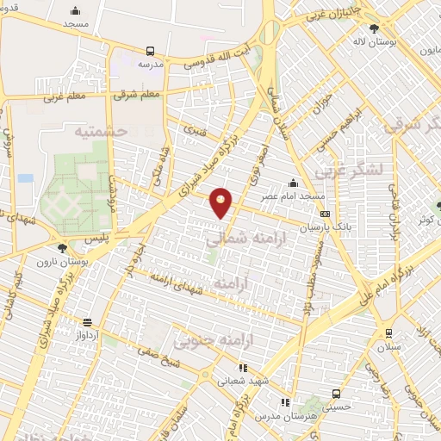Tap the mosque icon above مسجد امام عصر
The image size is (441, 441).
[294, 183]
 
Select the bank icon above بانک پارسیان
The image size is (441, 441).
[324, 214]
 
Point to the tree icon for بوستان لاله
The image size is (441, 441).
[373, 28]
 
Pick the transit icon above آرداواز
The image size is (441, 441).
[87, 320]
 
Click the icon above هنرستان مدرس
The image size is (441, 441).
[285, 402]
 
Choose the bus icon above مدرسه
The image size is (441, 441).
[151, 51]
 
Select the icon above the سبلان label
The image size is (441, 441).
[388, 332]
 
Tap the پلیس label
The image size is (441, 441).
[107, 234]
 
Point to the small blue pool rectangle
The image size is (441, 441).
[25, 178]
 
